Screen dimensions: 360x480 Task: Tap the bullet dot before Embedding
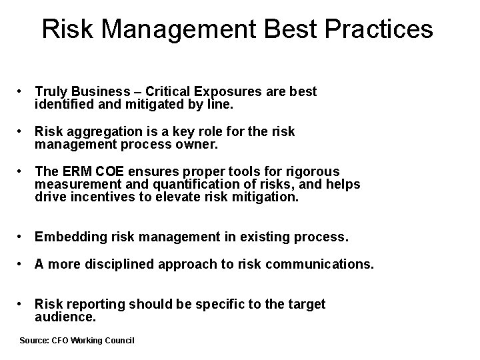(x=23, y=237)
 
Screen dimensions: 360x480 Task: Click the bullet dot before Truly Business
(x=23, y=91)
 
